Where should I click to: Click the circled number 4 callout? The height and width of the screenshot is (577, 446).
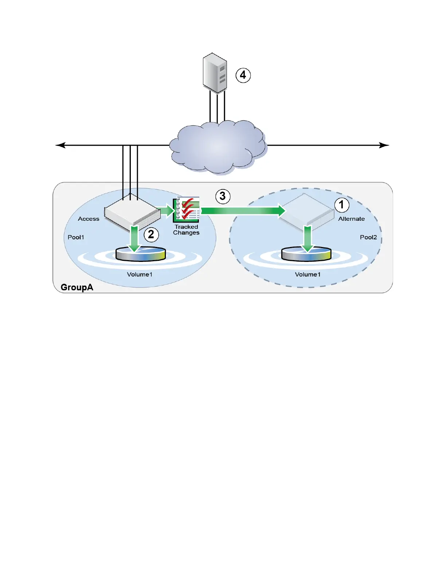pyautogui.click(x=243, y=75)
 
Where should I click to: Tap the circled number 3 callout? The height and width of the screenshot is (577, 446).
pyautogui.click(x=223, y=196)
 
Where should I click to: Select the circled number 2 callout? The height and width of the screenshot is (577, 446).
pyautogui.click(x=151, y=234)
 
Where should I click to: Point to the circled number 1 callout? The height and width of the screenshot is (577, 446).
pyautogui.click(x=341, y=205)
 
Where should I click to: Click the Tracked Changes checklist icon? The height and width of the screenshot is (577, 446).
pyautogui.click(x=187, y=209)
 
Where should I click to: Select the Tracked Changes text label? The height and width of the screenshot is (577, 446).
pyautogui.click(x=186, y=230)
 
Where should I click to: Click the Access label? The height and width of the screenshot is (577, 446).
pyautogui.click(x=89, y=219)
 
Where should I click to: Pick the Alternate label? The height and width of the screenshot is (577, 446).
pyautogui.click(x=351, y=219)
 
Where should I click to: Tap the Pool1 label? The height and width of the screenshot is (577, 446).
pyautogui.click(x=76, y=238)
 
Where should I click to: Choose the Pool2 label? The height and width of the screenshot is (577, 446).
pyautogui.click(x=368, y=238)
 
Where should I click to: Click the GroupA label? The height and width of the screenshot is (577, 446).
pyautogui.click(x=77, y=287)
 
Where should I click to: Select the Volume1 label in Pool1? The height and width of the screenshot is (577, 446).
pyautogui.click(x=140, y=275)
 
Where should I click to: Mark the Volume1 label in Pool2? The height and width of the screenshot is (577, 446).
pyautogui.click(x=308, y=275)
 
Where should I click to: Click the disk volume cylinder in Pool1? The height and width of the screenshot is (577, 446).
pyautogui.click(x=141, y=254)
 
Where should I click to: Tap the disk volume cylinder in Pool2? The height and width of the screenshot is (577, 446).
pyautogui.click(x=306, y=254)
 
